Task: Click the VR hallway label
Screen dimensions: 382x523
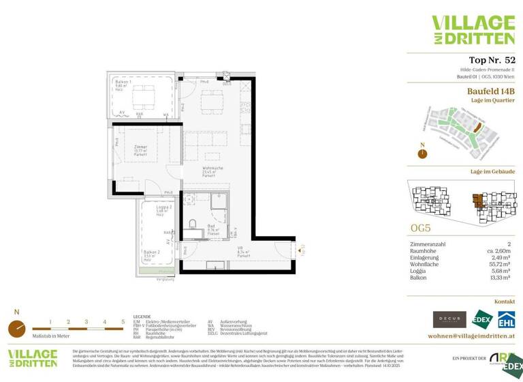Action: click(240, 249)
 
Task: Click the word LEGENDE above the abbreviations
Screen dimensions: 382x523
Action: click(142, 317)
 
